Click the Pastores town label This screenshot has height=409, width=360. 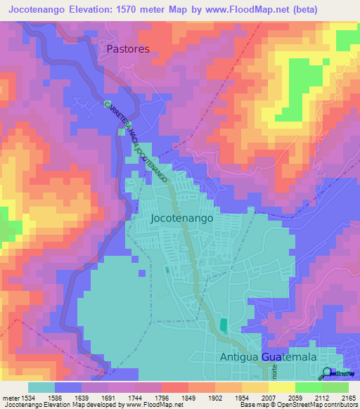coord(129,49)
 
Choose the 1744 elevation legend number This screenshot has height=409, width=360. coord(120,397)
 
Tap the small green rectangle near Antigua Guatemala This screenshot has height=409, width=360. coord(224,325)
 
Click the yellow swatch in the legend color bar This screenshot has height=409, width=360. coord(282,387)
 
